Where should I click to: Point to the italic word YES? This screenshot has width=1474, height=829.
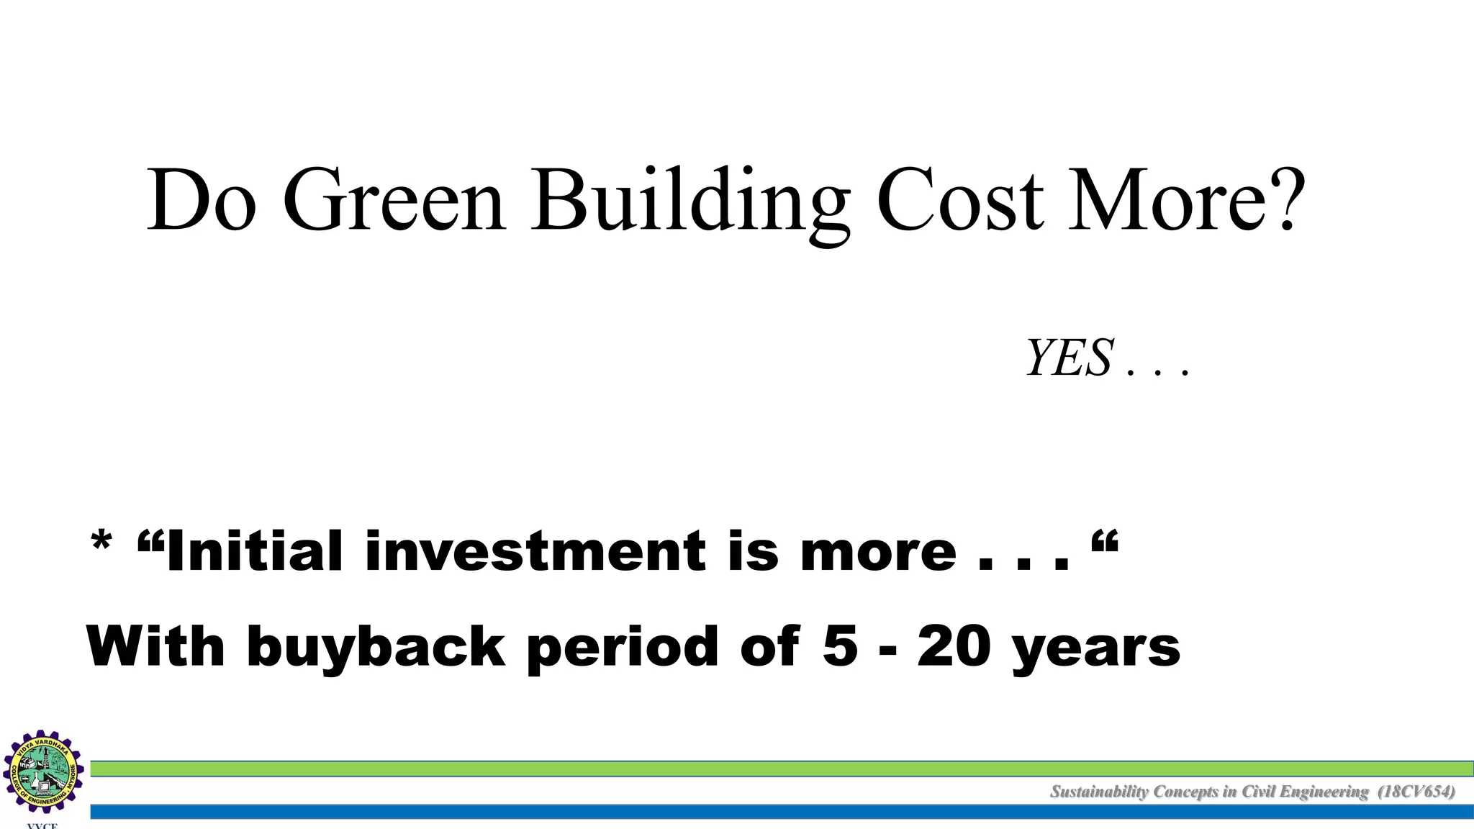[x=1070, y=358]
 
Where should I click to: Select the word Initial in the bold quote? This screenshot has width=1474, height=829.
[x=254, y=551]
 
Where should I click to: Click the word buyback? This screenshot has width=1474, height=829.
[x=376, y=647]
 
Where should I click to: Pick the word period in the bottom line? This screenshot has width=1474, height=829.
[x=622, y=647]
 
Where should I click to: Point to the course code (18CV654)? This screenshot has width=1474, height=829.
[x=1416, y=792]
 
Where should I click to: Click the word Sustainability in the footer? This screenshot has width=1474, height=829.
[x=1099, y=792]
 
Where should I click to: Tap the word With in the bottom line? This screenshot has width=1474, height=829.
[x=155, y=646]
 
